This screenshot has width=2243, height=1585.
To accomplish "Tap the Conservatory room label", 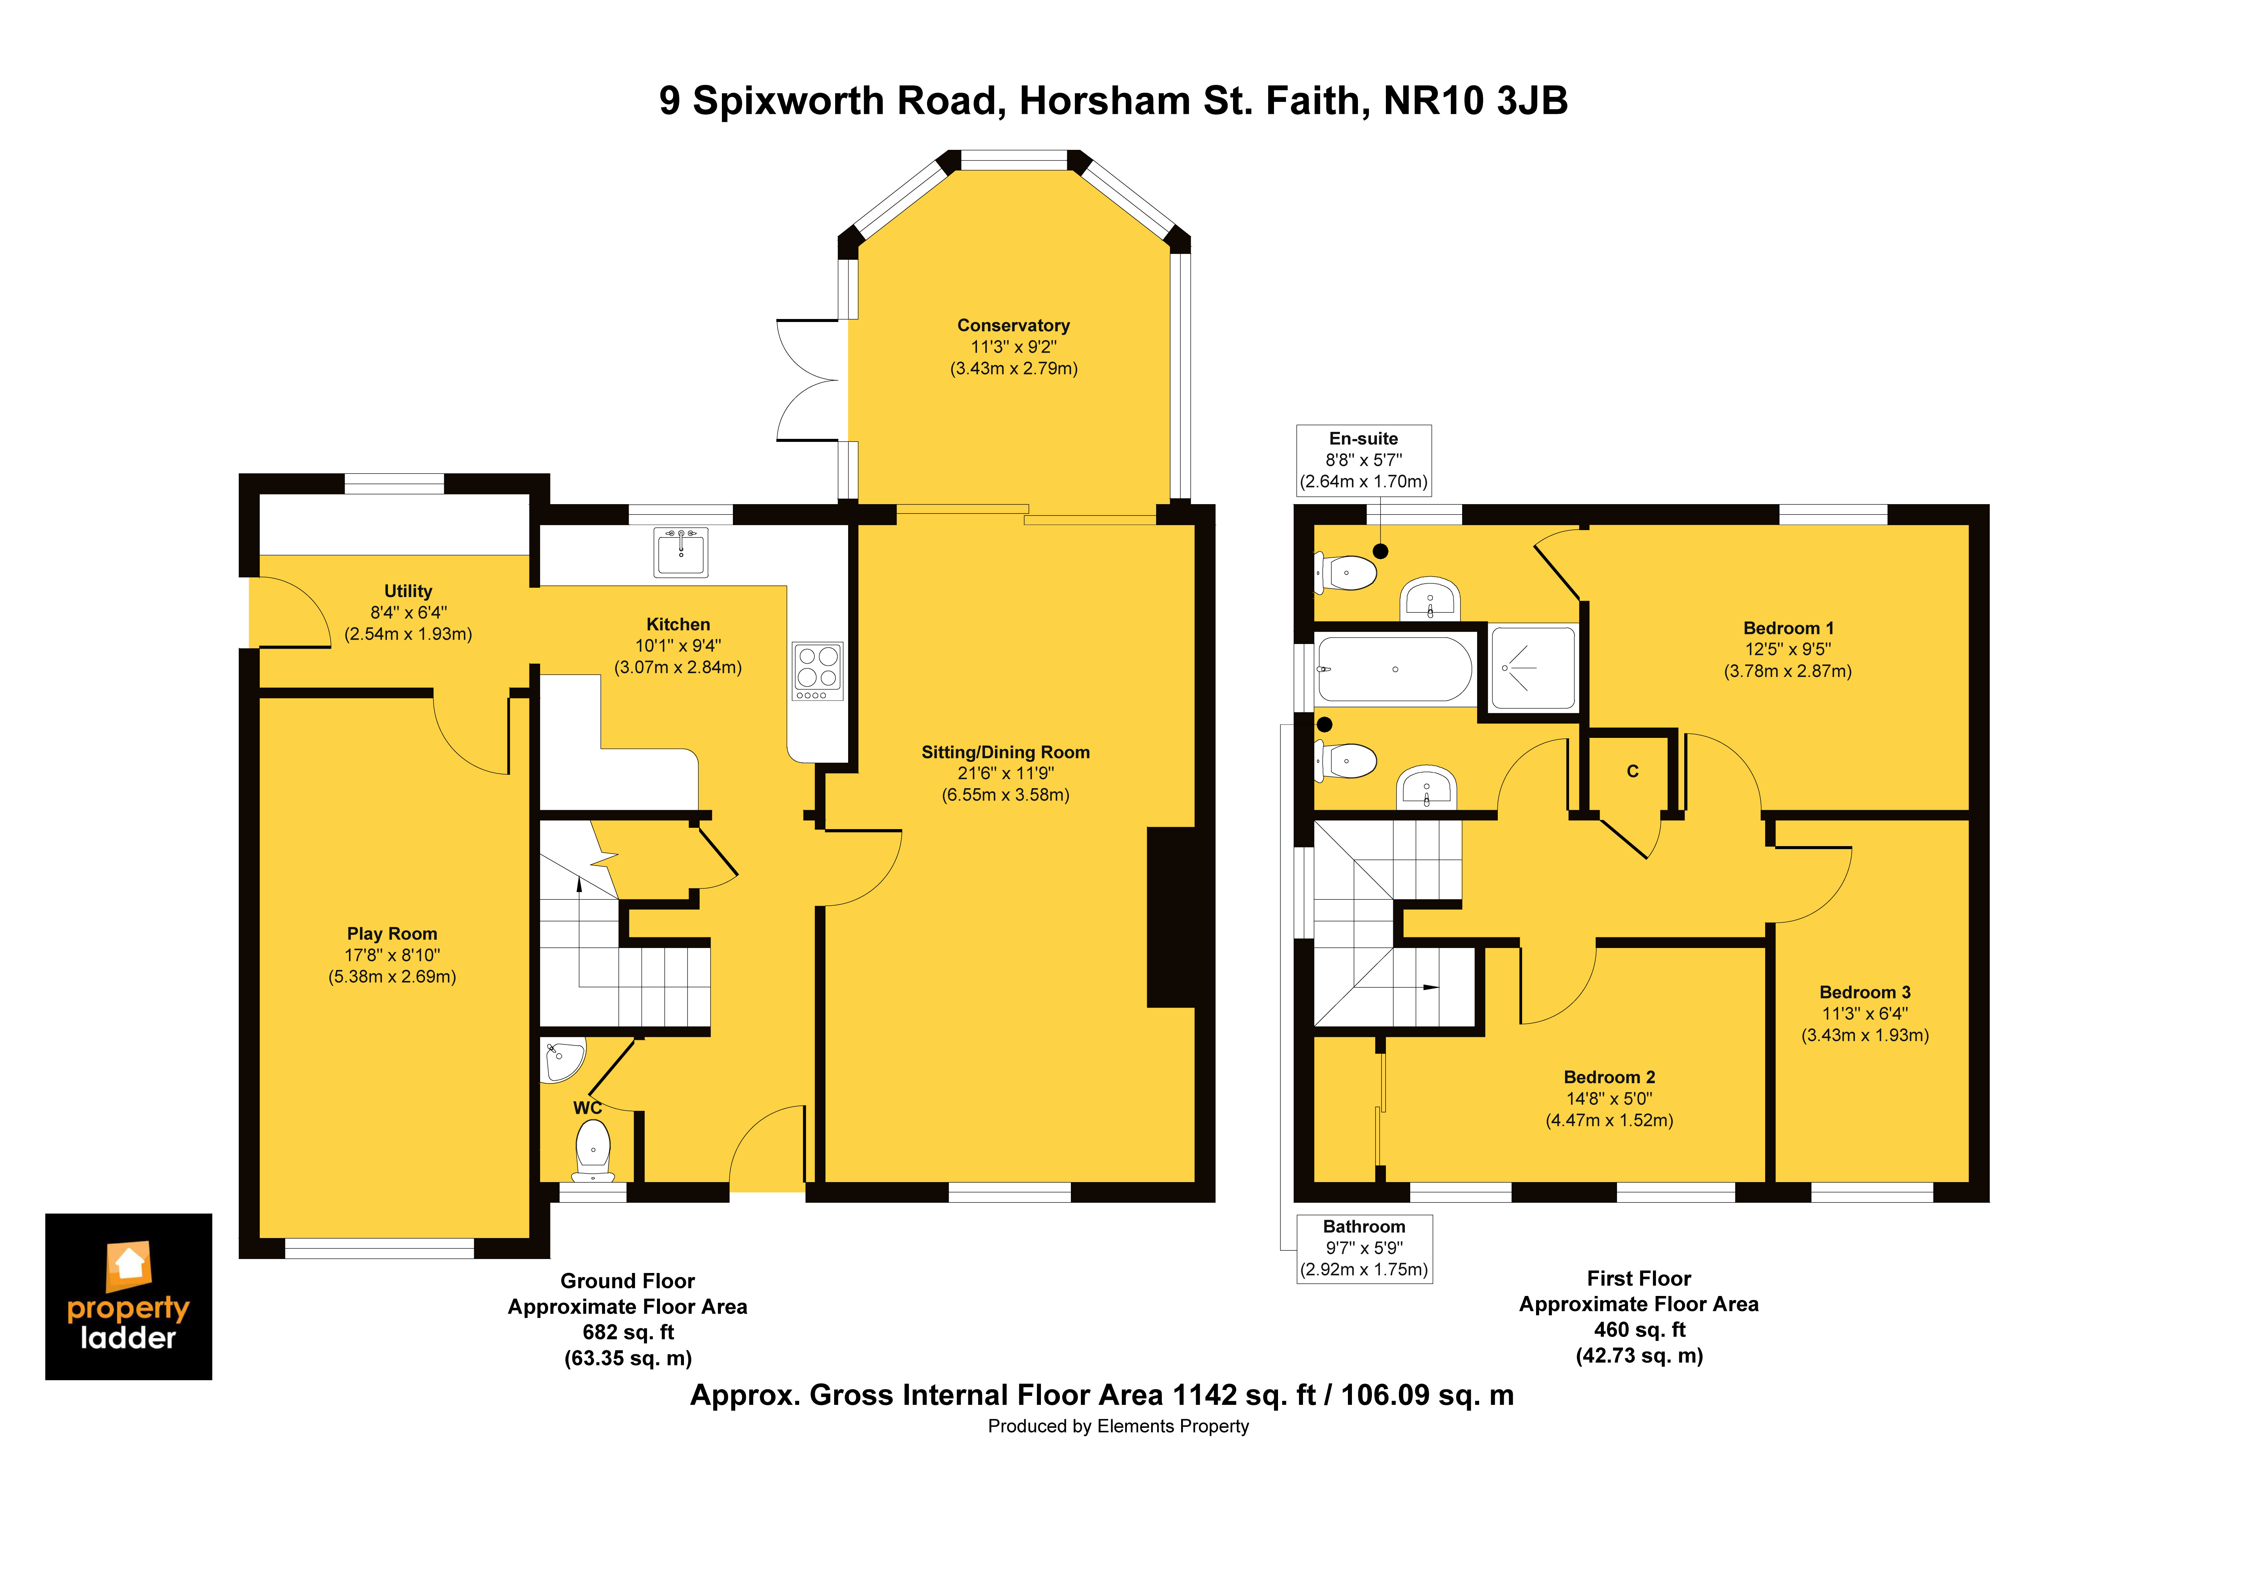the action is click(x=1013, y=325).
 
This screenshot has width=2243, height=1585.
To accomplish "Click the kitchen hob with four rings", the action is click(x=817, y=670).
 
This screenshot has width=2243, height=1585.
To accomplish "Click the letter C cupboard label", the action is click(x=1632, y=771).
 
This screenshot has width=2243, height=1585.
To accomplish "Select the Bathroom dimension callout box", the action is click(x=1364, y=1248).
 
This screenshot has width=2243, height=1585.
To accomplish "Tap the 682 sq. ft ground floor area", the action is click(x=628, y=1332).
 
